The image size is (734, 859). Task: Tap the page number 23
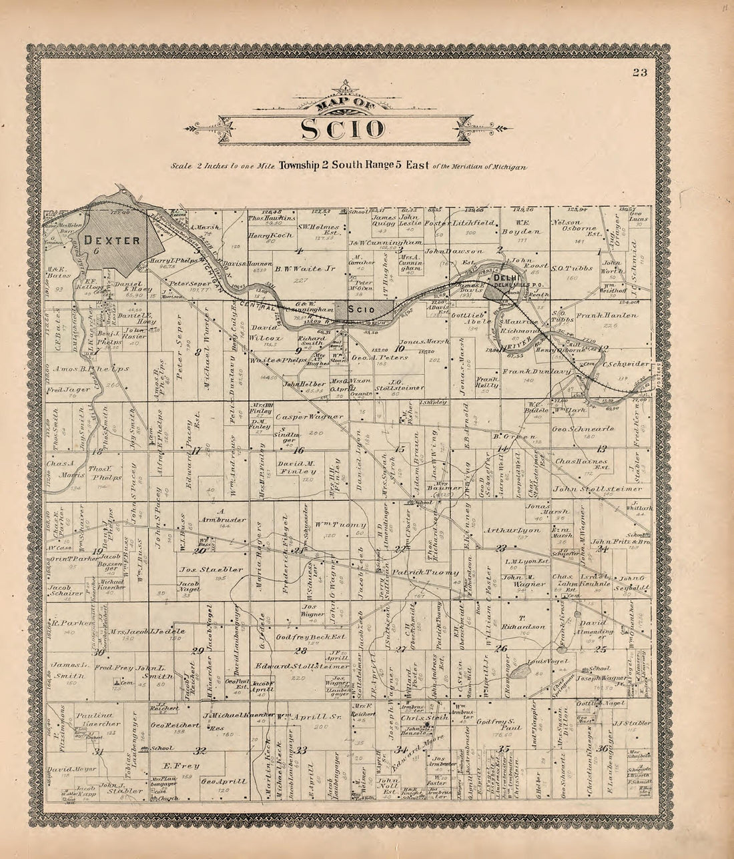tap(641, 74)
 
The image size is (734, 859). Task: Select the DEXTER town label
tap(111, 240)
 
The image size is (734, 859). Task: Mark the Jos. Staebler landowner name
tap(203, 570)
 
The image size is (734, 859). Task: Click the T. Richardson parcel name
tap(529, 622)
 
